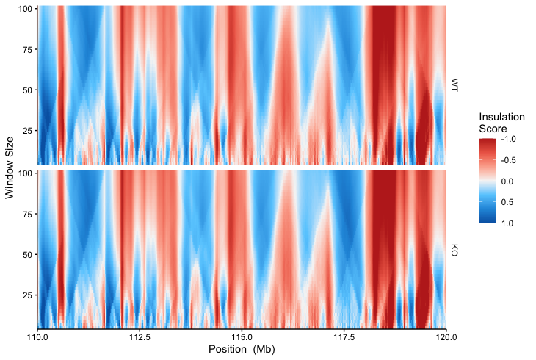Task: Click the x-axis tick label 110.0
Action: coord(37,337)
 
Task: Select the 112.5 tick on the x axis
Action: coord(140,337)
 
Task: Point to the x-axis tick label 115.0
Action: coord(242,337)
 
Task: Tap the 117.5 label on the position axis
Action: coord(344,337)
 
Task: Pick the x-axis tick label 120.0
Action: coord(446,337)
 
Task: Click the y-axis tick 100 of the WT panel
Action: coord(26,8)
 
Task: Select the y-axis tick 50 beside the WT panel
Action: coord(29,90)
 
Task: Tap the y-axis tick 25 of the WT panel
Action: coord(29,131)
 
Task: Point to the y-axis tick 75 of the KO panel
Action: coord(29,214)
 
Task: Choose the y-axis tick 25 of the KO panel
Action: coord(29,295)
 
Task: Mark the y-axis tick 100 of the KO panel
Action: coord(26,173)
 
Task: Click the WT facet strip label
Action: coord(454,84)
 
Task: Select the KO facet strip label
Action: coord(454,250)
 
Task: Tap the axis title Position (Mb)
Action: coord(242,350)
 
